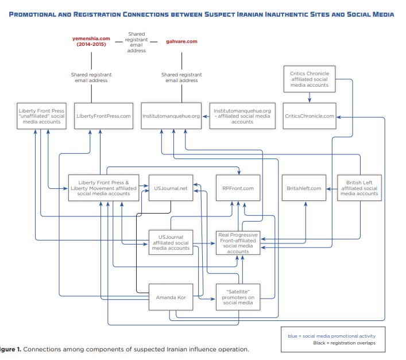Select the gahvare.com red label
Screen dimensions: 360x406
pos(181,41)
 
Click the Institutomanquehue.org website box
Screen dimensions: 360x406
pos(171,116)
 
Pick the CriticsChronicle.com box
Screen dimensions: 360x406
pos(309,116)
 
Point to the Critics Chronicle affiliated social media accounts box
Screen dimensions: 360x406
pos(309,79)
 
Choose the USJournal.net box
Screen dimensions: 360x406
pos(171,188)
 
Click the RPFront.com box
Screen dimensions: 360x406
pos(238,188)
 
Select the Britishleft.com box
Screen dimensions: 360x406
pos(304,188)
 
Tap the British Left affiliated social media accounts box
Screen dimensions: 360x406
pos(359,188)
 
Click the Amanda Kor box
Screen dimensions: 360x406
pos(171,297)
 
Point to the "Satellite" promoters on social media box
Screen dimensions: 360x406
pos(238,297)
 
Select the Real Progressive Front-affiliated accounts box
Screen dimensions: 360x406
pos(238,243)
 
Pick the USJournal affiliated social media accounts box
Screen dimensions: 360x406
pos(171,242)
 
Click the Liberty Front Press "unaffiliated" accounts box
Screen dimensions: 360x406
pos(41,116)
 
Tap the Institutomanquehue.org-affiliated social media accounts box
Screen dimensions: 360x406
pos(242,116)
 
